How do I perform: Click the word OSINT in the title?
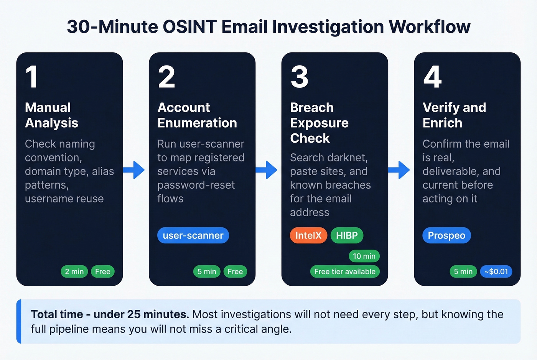pyautogui.click(x=190, y=27)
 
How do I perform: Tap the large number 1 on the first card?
pyautogui.click(x=31, y=77)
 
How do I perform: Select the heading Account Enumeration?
pyautogui.click(x=197, y=115)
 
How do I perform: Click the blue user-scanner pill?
pyautogui.click(x=193, y=235)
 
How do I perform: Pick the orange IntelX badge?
pyautogui.click(x=308, y=235)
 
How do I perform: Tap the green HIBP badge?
pyautogui.click(x=347, y=235)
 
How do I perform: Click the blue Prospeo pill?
pyautogui.click(x=446, y=235)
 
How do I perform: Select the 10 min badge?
pyautogui.click(x=364, y=256)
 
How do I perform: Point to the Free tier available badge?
pyautogui.click(x=344, y=271)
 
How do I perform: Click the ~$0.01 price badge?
pyautogui.click(x=496, y=271)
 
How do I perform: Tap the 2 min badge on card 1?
pyautogui.click(x=74, y=271)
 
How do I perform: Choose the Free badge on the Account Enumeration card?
pyautogui.click(x=235, y=271)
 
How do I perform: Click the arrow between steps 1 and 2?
pyautogui.click(x=134, y=170)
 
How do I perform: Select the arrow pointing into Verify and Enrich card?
pyautogui.click(x=400, y=170)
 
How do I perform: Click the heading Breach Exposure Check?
pyautogui.click(x=319, y=123)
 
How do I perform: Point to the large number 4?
pyautogui.click(x=432, y=77)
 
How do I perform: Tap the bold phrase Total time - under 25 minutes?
pyautogui.click(x=110, y=314)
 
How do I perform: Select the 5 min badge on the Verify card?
pyautogui.click(x=463, y=271)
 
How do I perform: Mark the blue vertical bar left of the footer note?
pyautogui.click(x=19, y=321)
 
